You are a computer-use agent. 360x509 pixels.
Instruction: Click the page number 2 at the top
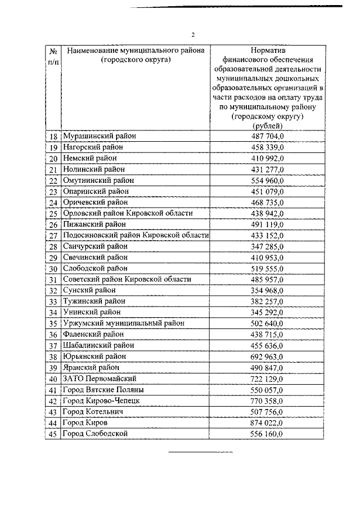click(192, 33)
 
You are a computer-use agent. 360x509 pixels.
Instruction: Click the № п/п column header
click(53, 56)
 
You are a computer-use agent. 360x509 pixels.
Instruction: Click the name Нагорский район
click(93, 147)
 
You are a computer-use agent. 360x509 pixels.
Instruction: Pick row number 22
click(53, 181)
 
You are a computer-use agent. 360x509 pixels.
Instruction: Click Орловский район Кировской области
click(128, 213)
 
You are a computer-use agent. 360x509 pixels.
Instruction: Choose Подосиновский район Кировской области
click(136, 235)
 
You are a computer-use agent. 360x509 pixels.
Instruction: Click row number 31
click(53, 280)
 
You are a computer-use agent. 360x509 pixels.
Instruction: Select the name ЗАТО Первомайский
click(100, 379)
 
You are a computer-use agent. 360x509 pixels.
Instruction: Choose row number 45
click(53, 434)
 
